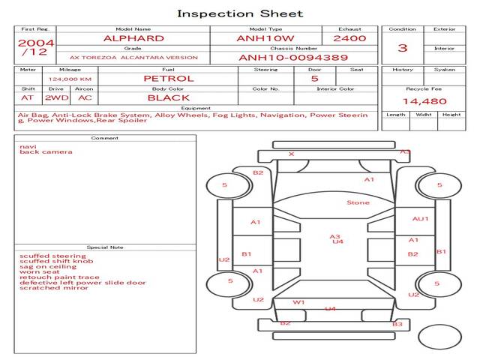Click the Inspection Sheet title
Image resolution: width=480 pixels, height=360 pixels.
point(240,13)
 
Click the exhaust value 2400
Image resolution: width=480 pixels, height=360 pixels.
point(349,38)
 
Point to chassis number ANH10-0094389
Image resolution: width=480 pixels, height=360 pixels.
point(293,58)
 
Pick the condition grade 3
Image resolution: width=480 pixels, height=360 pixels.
point(403,48)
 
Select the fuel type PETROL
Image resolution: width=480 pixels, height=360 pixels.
point(168,79)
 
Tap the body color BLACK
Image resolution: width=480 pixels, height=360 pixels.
point(168,98)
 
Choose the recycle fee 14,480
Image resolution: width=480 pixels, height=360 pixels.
point(424,101)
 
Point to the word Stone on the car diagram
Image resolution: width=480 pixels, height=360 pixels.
point(358,203)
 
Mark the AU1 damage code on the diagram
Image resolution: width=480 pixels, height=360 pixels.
point(420,219)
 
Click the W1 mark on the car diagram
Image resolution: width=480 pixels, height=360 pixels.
point(298,302)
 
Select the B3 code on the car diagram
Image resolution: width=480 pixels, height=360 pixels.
point(397,324)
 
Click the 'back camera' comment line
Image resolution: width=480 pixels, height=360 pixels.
point(46,152)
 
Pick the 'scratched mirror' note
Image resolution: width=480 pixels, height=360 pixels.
point(53,288)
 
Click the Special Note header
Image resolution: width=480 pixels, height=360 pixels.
point(104,247)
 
